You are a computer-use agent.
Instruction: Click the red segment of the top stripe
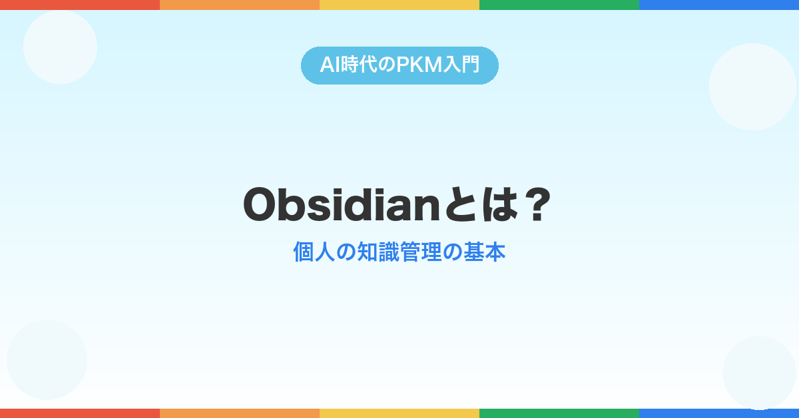[x=80, y=5]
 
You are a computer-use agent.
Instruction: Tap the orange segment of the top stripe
[x=240, y=5]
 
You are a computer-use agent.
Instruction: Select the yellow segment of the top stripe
[x=400, y=5]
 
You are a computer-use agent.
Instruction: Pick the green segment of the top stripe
[x=559, y=5]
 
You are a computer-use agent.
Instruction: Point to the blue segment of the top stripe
[x=719, y=5]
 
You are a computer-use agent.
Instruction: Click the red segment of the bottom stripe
[x=80, y=413]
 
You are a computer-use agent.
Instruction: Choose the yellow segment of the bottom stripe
[x=400, y=413]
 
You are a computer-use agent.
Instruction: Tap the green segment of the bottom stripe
[x=559, y=413]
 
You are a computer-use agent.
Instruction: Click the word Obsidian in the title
[x=342, y=205]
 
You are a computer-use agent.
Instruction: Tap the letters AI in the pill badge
[x=330, y=65]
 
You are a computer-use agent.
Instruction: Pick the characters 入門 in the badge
[x=461, y=65]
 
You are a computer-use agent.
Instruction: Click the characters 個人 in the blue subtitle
[x=314, y=252]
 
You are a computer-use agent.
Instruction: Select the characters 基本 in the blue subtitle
[x=485, y=252]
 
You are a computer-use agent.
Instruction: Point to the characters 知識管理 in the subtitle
[x=400, y=252]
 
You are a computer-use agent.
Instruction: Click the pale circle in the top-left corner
[x=61, y=47]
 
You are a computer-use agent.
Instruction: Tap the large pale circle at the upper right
[x=752, y=87]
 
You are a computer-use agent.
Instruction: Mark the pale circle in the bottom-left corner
[x=47, y=360]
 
